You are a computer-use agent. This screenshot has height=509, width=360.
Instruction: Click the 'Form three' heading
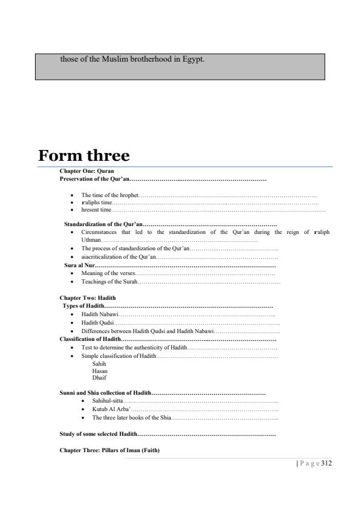click(x=84, y=155)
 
